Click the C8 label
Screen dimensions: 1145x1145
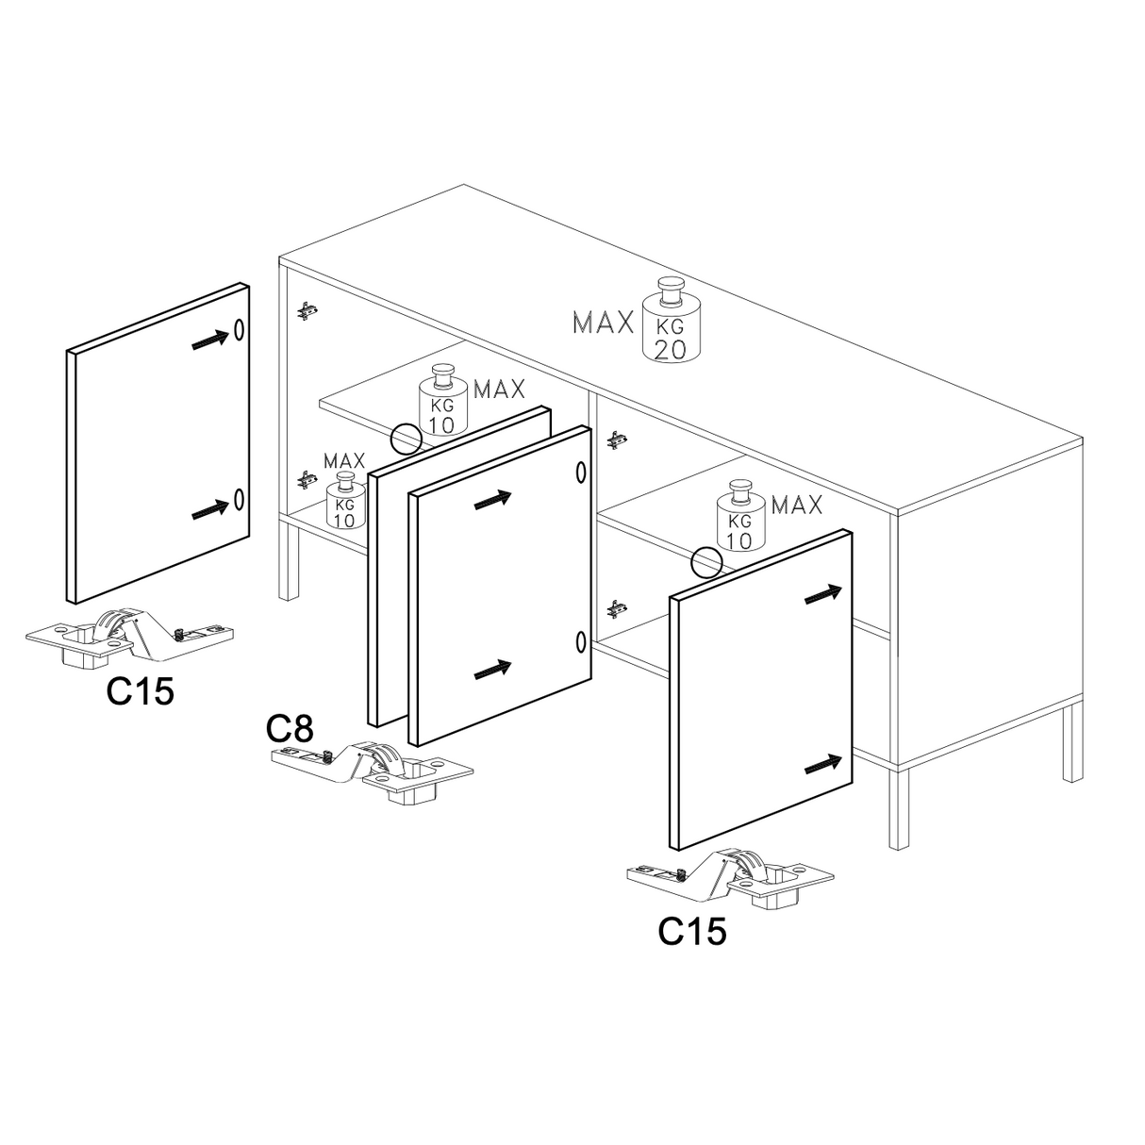[x=290, y=728]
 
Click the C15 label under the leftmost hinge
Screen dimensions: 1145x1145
[x=141, y=691]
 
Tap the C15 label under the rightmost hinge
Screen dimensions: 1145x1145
[x=692, y=931]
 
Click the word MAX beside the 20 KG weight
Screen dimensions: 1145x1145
[x=603, y=323]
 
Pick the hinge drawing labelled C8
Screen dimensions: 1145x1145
[x=373, y=771]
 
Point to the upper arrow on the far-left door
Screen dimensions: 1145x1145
[x=210, y=340]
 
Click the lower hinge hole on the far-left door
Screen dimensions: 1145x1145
[x=239, y=499]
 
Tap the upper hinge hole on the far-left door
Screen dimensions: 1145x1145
[x=239, y=330]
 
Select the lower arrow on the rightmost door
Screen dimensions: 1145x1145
[x=823, y=764]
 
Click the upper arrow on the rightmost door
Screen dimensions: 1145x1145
[x=823, y=595]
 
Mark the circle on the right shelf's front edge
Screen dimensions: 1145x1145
[x=706, y=561]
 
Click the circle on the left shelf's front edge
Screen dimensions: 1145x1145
[x=407, y=440]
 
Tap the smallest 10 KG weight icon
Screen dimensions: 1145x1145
[x=345, y=500]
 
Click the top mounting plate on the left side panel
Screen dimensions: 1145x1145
[x=307, y=310]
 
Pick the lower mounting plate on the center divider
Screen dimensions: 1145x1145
[x=616, y=609]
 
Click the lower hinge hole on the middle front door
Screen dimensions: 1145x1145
[x=581, y=642]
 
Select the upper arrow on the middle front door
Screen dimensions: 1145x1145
[x=492, y=500]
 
